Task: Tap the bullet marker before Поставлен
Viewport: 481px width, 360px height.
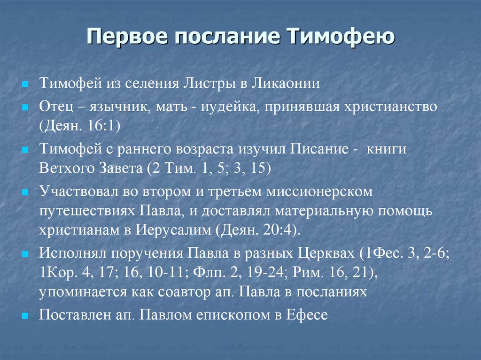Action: coord(26,315)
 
